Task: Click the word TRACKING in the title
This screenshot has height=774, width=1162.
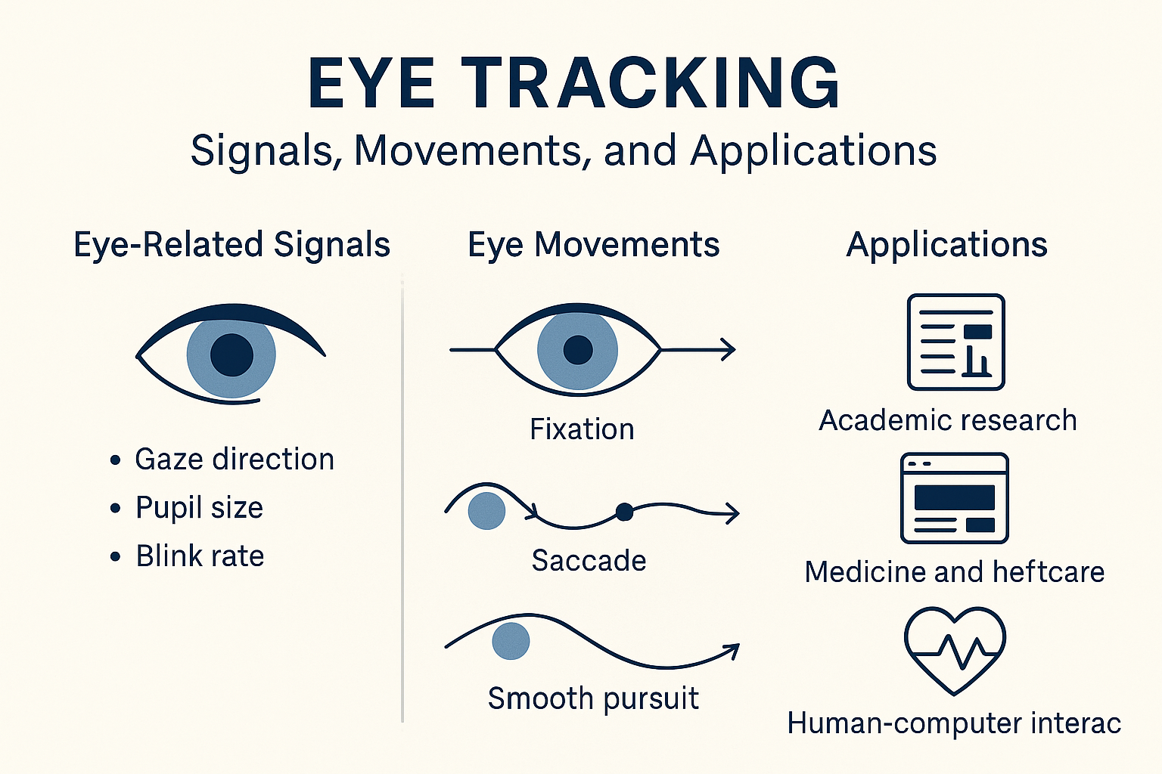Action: tap(651, 83)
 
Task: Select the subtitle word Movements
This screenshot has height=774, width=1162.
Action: tap(468, 151)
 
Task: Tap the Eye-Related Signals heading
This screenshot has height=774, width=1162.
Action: tap(232, 245)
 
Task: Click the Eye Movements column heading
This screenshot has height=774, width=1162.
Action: tap(593, 245)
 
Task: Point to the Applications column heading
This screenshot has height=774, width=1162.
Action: tap(946, 245)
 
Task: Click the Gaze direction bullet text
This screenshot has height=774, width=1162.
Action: tap(235, 460)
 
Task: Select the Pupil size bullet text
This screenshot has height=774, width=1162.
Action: tap(199, 507)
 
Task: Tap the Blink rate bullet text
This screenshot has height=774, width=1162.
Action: tap(200, 556)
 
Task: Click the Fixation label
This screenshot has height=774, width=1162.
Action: tap(582, 429)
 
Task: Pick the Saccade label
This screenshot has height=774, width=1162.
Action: tap(589, 560)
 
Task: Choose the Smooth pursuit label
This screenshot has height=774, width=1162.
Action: tap(593, 698)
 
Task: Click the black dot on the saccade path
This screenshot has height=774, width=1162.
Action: tap(625, 512)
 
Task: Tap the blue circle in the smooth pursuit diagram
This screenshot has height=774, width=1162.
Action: tap(511, 641)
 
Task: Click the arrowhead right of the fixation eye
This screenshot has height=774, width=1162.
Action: tap(729, 349)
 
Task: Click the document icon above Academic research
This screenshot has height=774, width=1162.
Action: tap(956, 342)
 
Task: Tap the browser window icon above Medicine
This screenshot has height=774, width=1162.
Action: tap(955, 498)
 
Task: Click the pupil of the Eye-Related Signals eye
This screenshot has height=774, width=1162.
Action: tap(232, 354)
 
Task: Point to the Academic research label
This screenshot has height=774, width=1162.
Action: tap(948, 420)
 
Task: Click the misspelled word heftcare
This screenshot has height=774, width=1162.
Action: tap(1049, 572)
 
